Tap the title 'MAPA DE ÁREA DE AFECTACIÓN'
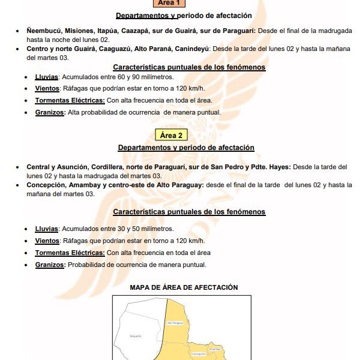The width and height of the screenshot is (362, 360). (184, 288)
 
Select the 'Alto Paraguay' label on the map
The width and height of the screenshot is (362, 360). (175, 323)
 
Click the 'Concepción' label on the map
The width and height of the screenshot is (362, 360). (198, 354)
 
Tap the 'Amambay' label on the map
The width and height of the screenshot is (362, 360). (215, 349)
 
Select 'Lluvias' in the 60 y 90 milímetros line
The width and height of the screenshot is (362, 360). (46, 77)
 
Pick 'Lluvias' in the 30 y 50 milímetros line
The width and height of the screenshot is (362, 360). (46, 229)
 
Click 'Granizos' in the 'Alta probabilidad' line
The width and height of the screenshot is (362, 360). (50, 112)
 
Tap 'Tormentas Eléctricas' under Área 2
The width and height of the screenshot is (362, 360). (70, 253)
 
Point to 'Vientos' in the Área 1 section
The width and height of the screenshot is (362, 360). (46, 89)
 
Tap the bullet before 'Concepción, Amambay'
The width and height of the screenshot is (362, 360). (19, 186)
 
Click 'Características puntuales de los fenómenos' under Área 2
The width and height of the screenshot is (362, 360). (189, 212)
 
